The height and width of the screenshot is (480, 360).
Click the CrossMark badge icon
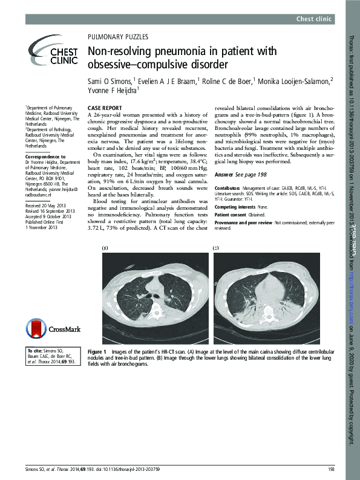(48, 328)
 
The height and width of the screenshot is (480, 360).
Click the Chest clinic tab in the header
(315, 19)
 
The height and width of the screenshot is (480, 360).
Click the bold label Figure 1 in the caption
(97, 351)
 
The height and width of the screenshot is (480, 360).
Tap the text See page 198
(250, 174)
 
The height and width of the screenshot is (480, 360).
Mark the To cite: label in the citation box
(34, 351)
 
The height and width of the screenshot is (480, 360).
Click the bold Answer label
(224, 174)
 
